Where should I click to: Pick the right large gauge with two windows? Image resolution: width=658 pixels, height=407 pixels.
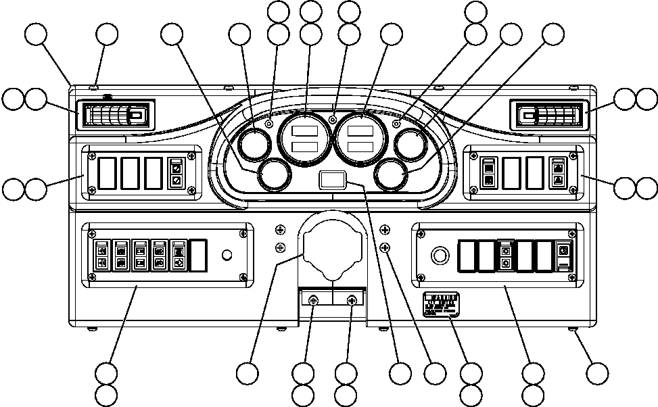tap(362, 139)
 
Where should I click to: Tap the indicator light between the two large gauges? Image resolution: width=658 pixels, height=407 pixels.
tap(332, 119)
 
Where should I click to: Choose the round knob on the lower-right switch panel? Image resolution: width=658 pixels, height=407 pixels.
tap(440, 256)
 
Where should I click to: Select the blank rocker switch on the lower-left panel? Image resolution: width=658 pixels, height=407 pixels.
tap(198, 254)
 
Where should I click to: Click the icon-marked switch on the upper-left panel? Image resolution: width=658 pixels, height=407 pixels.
tap(177, 174)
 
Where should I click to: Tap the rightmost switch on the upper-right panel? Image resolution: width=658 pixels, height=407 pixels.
tap(559, 173)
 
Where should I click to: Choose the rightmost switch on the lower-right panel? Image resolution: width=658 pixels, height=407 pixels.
tap(564, 256)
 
